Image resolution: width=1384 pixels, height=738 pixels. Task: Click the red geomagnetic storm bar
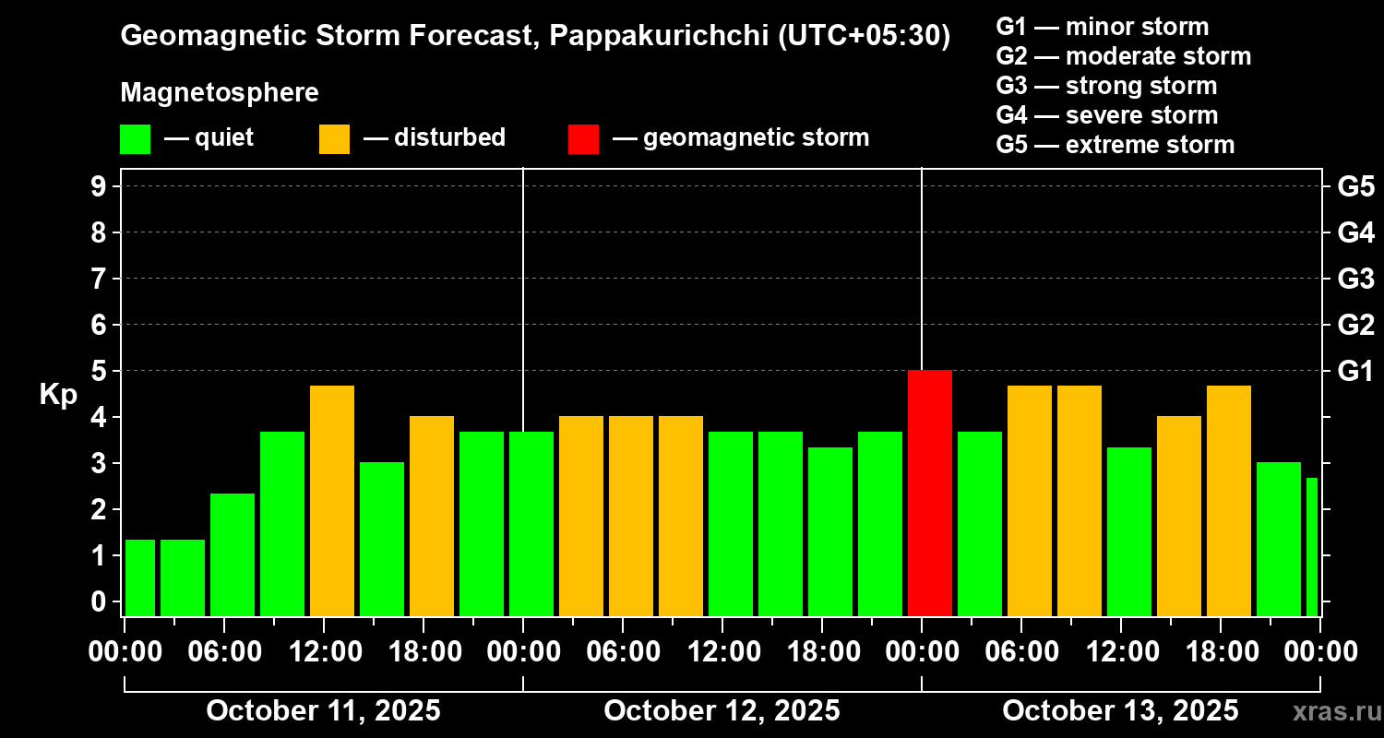tap(929, 493)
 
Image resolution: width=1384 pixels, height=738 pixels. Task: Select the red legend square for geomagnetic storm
tap(583, 138)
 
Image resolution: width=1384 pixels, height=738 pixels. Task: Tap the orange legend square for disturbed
tap(334, 138)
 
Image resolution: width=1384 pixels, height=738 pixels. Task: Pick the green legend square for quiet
tap(135, 138)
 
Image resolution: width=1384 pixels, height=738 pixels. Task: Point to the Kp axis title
tap(58, 395)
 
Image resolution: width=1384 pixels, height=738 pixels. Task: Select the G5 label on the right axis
tap(1355, 186)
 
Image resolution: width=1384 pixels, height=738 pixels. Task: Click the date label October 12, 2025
tap(722, 711)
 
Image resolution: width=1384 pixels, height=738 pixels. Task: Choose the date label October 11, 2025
tap(323, 711)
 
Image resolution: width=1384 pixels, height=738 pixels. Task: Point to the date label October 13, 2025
tap(1120, 711)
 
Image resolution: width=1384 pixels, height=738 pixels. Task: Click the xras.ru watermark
tap(1331, 712)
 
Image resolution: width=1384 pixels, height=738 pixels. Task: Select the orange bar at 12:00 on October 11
tap(332, 500)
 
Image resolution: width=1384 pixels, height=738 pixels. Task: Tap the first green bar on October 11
tap(140, 577)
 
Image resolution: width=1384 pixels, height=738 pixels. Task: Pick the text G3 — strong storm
tap(1106, 86)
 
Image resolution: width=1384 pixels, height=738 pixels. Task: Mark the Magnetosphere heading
tap(220, 93)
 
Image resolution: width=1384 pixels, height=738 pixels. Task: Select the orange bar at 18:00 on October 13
tap(1229, 500)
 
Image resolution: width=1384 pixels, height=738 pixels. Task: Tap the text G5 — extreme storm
tap(1115, 145)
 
